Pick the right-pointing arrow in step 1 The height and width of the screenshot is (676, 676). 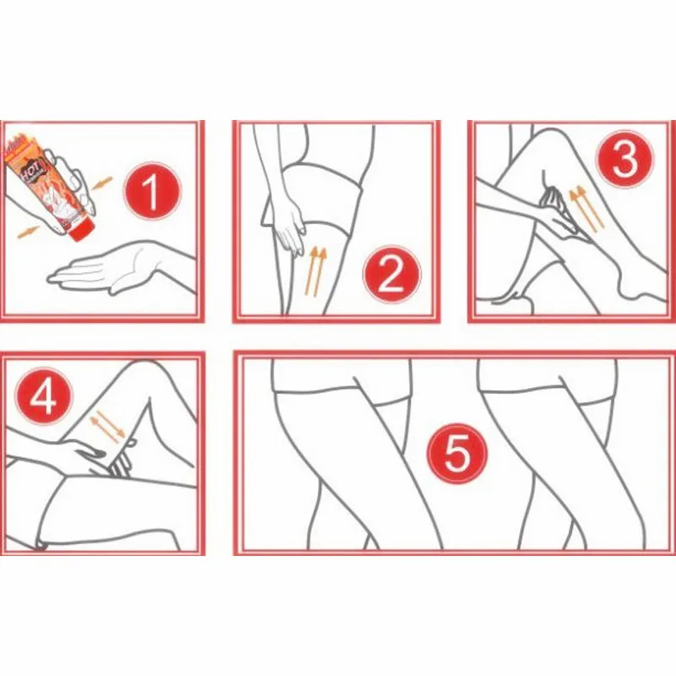(30, 229)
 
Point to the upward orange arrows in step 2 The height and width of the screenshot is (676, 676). (317, 269)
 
